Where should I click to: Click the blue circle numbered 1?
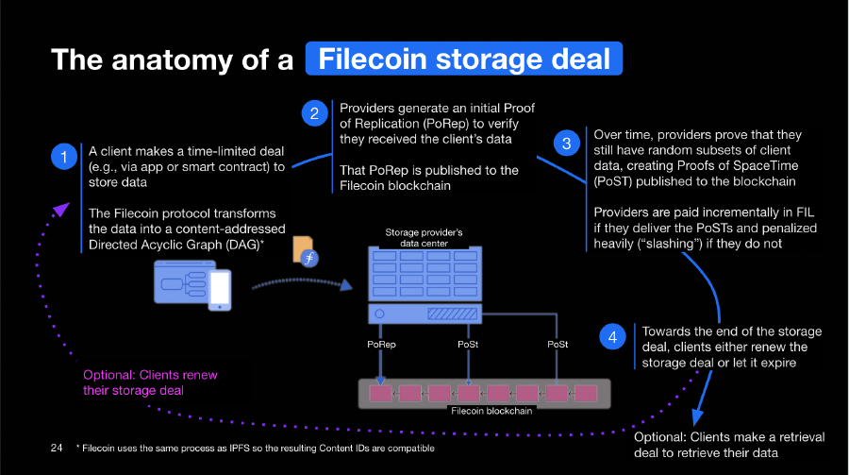[x=63, y=157]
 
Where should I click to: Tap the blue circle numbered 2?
[x=313, y=114]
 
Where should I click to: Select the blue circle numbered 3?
[x=566, y=144]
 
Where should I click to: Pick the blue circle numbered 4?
[x=613, y=337]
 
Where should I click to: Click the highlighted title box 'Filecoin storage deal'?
[x=464, y=59]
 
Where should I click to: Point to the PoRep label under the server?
[x=381, y=346]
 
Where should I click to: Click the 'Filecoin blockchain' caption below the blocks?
[x=491, y=411]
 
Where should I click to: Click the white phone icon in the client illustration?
[x=219, y=290]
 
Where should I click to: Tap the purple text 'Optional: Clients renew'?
[x=150, y=375]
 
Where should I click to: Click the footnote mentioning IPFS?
[x=255, y=447]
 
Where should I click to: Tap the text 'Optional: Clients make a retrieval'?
[x=730, y=437]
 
